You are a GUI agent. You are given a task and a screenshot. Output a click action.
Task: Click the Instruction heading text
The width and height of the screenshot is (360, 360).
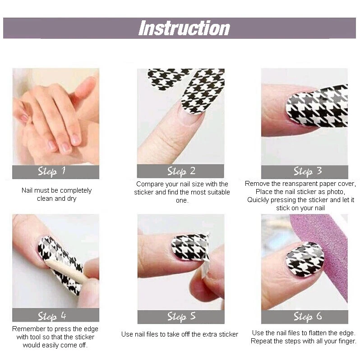pos(184,28)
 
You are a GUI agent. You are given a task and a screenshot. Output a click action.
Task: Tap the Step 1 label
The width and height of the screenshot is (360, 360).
pos(52,171)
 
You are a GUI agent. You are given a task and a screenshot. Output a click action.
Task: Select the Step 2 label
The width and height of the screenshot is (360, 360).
pos(181,171)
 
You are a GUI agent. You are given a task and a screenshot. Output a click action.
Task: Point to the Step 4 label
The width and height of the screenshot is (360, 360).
pos(52,315)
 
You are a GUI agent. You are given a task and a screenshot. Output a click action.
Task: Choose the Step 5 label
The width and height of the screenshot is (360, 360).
pos(181,316)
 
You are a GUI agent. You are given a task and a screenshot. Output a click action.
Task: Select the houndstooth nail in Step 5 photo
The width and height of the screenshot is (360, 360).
pos(189,247)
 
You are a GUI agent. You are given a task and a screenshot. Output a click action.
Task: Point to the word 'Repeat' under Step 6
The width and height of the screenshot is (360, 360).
pos(261,342)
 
